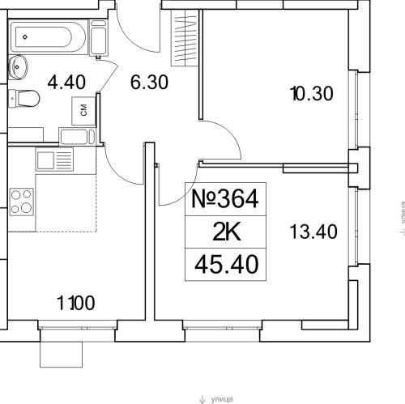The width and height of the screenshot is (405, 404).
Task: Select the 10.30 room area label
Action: pos(311,94)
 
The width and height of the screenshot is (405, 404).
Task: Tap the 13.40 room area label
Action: pos(312,232)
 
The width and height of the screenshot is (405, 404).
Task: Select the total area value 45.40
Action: pos(226,263)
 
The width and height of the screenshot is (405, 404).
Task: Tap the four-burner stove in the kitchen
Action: pos(22,199)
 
